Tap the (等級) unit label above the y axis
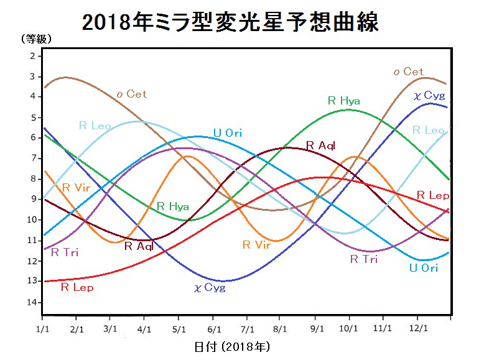(36, 39)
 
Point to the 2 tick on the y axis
(32, 56)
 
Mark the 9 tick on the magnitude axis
(32, 200)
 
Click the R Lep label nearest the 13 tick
(77, 287)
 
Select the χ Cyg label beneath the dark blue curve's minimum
(210, 287)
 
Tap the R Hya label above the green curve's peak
(343, 100)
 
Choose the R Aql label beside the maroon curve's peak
(320, 145)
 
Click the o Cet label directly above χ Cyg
(408, 72)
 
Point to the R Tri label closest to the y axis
(64, 252)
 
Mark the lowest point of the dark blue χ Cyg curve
(222, 281)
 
